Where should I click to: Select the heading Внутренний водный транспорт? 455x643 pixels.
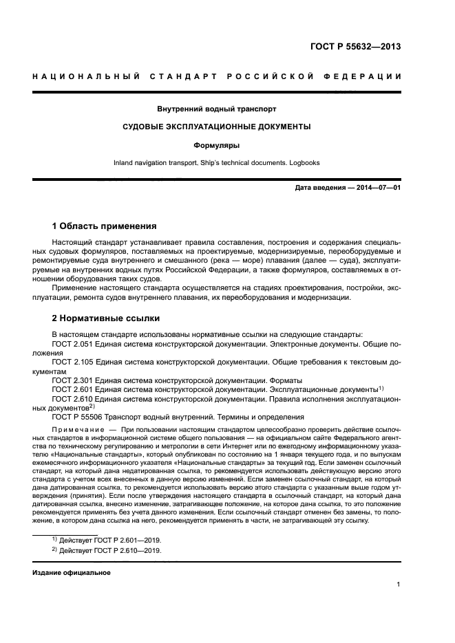[x=217, y=109]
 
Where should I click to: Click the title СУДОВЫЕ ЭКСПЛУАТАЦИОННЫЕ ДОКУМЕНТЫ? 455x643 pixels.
[x=217, y=127]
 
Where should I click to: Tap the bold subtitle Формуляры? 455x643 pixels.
[x=217, y=145]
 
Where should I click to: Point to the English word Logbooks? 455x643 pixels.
[x=301, y=163]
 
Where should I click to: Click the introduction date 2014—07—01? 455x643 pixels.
[x=378, y=188]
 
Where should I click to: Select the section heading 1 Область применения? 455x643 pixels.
[x=105, y=226]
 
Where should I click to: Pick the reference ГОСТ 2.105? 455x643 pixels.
[x=74, y=360]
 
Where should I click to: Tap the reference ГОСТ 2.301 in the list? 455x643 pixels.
[x=74, y=380]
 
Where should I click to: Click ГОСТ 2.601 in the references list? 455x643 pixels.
[x=74, y=389]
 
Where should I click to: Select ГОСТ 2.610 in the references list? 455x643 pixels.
[x=74, y=398]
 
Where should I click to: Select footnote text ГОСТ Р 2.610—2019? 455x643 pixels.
[x=123, y=551]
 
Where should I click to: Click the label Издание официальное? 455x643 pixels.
[x=72, y=572]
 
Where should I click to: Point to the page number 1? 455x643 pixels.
[x=399, y=585]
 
